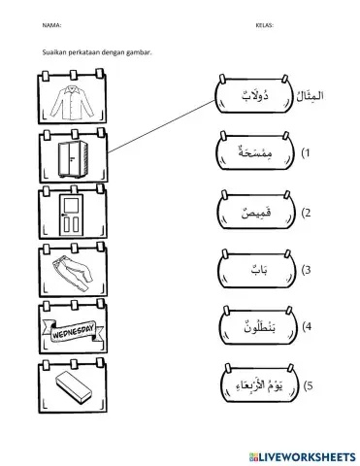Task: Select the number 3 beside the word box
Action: point(307,270)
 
